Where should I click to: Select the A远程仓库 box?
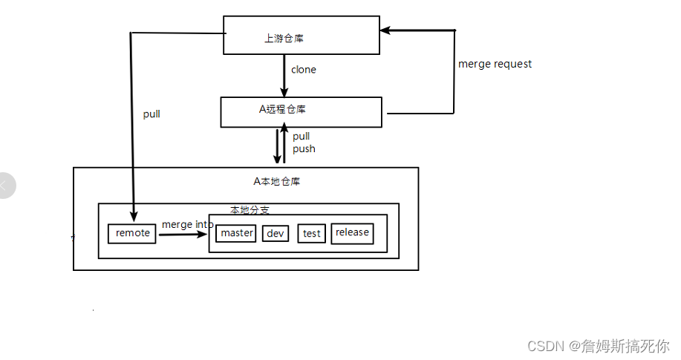(301, 111)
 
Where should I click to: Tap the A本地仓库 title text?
(277, 181)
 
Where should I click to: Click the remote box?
(132, 233)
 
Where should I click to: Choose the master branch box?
(237, 233)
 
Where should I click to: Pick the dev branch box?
(276, 234)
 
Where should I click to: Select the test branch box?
(312, 234)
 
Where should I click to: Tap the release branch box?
(352, 233)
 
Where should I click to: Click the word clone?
(303, 70)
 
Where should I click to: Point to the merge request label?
(495, 64)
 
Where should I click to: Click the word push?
(304, 149)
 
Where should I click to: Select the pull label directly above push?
(301, 137)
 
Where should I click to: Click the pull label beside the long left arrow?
(151, 114)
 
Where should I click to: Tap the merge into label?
(187, 224)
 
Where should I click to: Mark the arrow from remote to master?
(182, 235)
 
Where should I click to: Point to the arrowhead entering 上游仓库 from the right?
(385, 30)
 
